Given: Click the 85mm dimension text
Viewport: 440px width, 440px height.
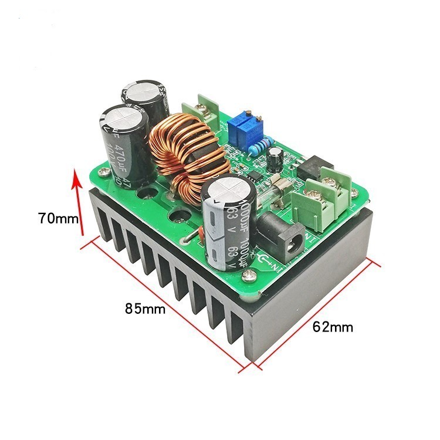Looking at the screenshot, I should (144, 307).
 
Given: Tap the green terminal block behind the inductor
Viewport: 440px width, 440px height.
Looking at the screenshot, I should (201, 107).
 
